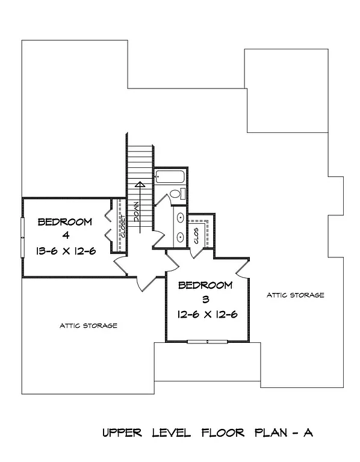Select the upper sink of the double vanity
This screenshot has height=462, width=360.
[179, 218]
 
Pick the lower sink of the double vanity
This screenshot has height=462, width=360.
[179, 236]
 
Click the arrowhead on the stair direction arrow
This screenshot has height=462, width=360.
[139, 185]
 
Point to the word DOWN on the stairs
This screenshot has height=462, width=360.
[137, 213]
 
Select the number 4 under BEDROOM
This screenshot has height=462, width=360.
[65, 236]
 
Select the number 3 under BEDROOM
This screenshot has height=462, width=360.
[205, 299]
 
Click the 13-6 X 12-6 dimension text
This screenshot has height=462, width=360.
[65, 251]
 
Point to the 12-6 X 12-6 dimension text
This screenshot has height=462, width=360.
[205, 313]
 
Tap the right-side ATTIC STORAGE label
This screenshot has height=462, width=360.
[296, 295]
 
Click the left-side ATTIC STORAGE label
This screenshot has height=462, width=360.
[88, 325]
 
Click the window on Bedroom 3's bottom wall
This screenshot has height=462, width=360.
[207, 342]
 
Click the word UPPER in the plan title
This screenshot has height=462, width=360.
[122, 433]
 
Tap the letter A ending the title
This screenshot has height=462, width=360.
[308, 433]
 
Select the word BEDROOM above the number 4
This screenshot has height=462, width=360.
[65, 222]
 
